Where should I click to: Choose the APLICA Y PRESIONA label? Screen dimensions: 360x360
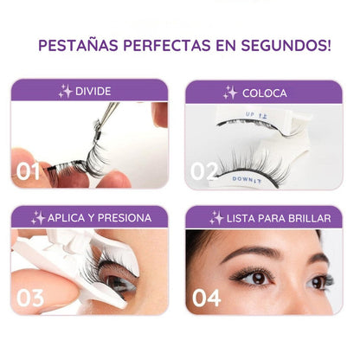point(99,217)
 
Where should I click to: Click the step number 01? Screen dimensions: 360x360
point(29,171)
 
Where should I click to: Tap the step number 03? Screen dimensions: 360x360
point(29,298)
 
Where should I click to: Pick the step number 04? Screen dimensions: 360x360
point(205,298)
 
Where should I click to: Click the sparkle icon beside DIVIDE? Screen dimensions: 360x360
point(65,92)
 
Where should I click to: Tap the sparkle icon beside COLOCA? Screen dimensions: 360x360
point(230,92)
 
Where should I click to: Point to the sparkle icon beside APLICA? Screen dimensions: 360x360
point(38,217)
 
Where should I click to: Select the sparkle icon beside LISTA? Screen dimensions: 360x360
point(217,217)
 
